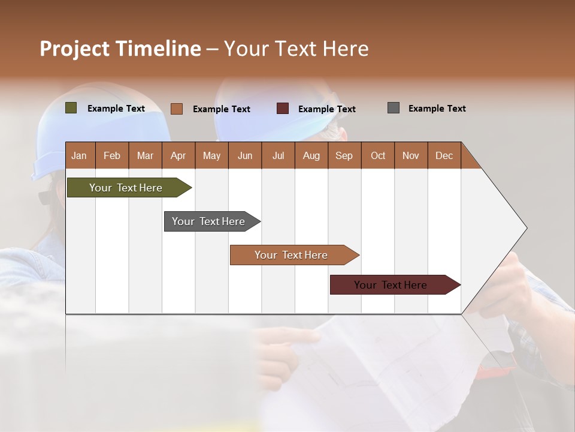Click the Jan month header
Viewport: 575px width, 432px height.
pos(79,155)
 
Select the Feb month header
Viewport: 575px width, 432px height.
pos(112,155)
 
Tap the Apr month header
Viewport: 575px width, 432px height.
pos(178,155)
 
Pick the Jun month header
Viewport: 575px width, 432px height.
pos(245,155)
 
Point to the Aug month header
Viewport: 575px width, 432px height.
pos(311,155)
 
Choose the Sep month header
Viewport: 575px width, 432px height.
pos(344,155)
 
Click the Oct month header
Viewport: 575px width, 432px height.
pos(377,155)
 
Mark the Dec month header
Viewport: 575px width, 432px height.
pos(444,155)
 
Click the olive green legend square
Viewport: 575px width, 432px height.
pos(71,108)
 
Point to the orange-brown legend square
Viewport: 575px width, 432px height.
pos(177,109)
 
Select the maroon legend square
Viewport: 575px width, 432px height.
pos(283,109)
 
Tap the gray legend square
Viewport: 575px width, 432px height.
pos(394,108)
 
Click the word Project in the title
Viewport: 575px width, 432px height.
pos(74,49)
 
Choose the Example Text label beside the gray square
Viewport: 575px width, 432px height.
pos(437,109)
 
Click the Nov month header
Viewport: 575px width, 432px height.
pos(410,155)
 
